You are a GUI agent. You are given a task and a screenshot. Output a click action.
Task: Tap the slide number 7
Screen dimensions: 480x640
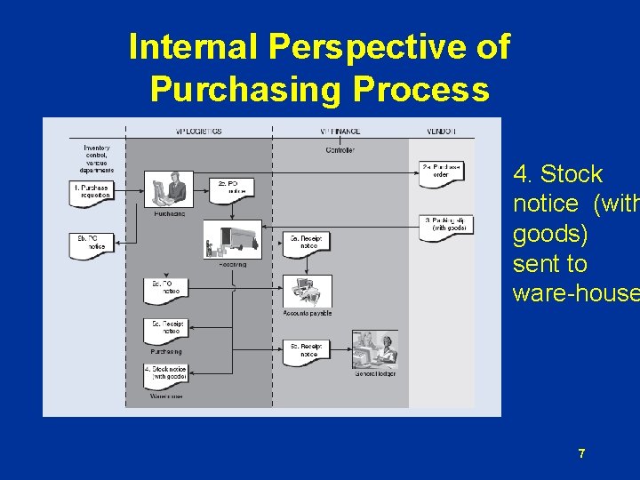pos(581,454)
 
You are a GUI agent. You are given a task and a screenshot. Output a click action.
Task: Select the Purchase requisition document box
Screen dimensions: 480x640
pos(91,193)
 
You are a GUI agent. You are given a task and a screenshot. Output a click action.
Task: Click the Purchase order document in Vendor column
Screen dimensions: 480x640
pos(440,172)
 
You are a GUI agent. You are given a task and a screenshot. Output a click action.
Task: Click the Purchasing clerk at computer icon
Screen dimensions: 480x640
pos(169,188)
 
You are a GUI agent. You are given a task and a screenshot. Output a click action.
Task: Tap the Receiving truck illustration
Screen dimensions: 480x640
pos(233,241)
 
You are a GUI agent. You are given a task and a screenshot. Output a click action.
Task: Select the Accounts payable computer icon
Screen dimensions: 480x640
pos(307,291)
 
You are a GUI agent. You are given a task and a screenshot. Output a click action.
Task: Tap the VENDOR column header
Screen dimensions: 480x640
pos(441,132)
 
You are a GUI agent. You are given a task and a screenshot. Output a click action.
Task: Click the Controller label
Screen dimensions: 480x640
pos(340,150)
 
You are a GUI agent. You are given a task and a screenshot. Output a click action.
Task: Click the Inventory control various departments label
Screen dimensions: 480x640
pos(97,157)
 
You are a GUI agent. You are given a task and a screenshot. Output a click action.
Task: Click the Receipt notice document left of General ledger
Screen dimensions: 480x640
pos(306,351)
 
